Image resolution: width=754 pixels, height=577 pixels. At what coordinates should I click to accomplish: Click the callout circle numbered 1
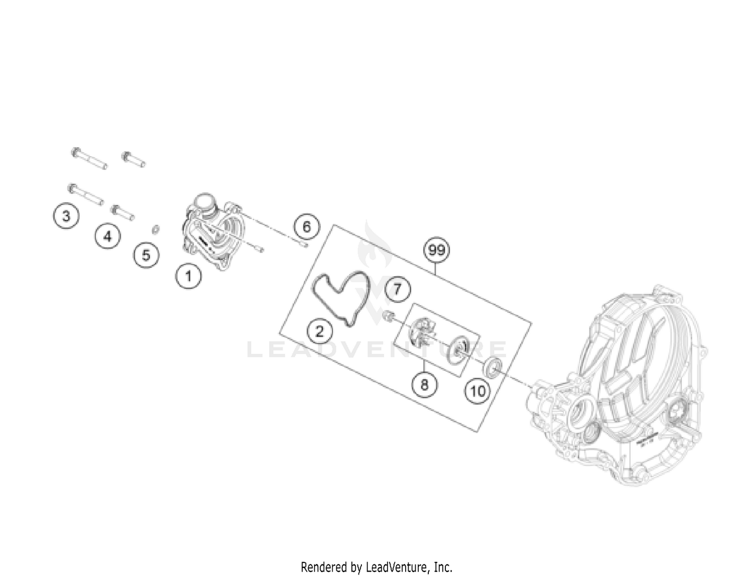189,275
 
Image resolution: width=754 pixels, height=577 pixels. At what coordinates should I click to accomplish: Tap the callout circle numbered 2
320,330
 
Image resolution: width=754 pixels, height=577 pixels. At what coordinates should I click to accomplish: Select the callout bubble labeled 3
66,216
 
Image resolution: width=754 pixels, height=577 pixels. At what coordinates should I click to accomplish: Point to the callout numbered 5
146,255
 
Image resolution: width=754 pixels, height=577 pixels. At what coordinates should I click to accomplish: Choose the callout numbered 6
307,226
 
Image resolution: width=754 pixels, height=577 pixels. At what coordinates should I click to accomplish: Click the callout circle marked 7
398,289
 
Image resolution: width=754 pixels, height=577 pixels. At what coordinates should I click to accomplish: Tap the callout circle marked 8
425,385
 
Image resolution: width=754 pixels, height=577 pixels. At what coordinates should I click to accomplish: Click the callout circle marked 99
437,250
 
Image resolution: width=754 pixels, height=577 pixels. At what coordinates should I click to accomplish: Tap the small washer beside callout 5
156,230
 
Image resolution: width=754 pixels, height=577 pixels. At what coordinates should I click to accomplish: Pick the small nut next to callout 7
388,315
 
